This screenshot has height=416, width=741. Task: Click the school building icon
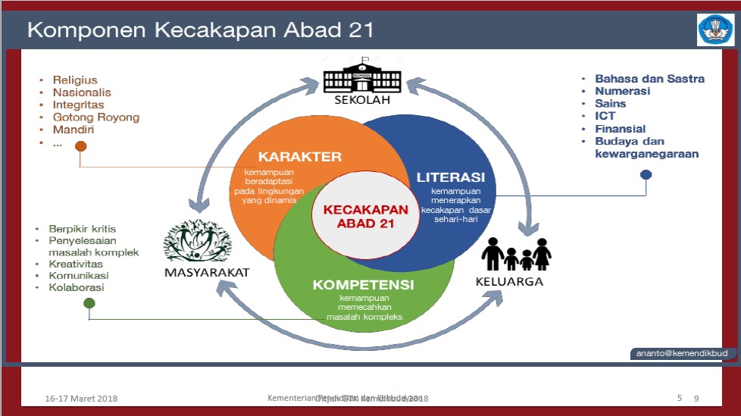pos(361,77)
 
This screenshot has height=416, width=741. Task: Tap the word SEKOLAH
pos(361,99)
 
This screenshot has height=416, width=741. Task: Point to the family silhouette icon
pos(517,254)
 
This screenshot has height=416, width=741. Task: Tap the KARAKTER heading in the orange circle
pos(300,157)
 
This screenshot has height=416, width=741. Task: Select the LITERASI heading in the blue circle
pos(451,177)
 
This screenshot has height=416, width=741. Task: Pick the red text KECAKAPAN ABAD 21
pos(361,217)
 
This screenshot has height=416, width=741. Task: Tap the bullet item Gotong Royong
pos(95,117)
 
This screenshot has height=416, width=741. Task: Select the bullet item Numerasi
pos(623,91)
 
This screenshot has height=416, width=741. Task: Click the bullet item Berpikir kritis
pos(82,229)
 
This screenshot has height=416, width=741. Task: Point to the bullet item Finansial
pos(620,129)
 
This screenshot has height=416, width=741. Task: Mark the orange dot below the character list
pos(80,147)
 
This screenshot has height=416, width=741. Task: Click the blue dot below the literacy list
pos(646,174)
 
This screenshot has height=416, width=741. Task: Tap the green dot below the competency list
pos(89,304)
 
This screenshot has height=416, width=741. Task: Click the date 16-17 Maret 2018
pos(81,399)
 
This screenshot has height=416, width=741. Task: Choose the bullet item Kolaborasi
pos(77,287)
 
